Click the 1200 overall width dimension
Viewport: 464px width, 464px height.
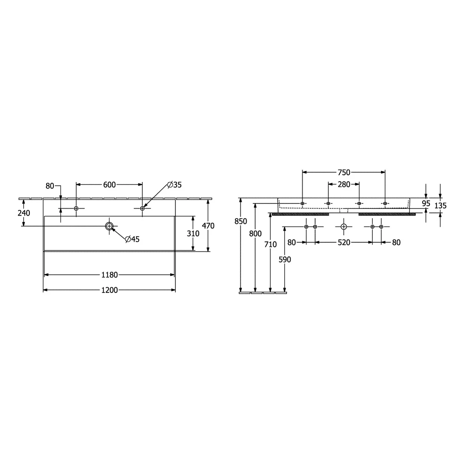coord(109,290)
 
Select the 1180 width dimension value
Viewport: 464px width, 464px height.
coord(109,275)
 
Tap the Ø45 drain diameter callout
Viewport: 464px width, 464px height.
coord(132,239)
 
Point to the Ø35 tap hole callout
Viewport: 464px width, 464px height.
coord(174,185)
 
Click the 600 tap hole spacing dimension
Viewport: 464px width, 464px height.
coord(109,185)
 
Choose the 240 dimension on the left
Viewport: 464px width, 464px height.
coord(24,213)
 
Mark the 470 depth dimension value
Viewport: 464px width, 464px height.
coord(208,226)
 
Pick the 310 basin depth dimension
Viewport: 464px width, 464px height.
coord(193,234)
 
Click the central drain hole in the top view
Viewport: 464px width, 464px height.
coord(109,226)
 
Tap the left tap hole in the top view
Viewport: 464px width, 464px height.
coord(76,208)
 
